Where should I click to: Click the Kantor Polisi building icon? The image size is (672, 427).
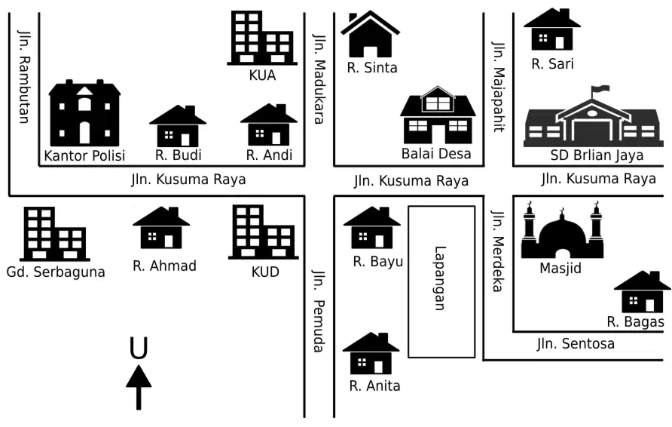[84, 113]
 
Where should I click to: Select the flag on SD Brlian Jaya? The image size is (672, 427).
[600, 89]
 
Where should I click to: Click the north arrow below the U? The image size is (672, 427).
[139, 387]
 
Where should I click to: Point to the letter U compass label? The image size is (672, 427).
[139, 348]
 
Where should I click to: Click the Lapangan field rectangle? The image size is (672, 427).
[441, 281]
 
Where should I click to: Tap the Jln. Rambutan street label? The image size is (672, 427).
[24, 77]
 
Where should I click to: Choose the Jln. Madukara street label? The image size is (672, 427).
[319, 78]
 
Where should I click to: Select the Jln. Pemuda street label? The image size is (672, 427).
[319, 311]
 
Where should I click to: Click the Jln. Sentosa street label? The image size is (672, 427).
[576, 344]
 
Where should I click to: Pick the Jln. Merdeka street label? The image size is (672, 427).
[497, 251]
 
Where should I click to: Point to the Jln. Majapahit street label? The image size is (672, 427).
[499, 87]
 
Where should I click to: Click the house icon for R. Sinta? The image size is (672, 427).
[371, 34]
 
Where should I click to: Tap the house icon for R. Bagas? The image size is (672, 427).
[642, 292]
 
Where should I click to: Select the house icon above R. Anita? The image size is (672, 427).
[371, 353]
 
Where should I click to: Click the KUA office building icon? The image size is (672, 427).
[262, 38]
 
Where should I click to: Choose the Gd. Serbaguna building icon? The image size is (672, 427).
[55, 234]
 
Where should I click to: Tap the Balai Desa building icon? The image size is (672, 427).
[438, 115]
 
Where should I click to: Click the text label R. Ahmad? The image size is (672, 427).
[164, 266]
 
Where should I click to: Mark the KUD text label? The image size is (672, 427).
[265, 272]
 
